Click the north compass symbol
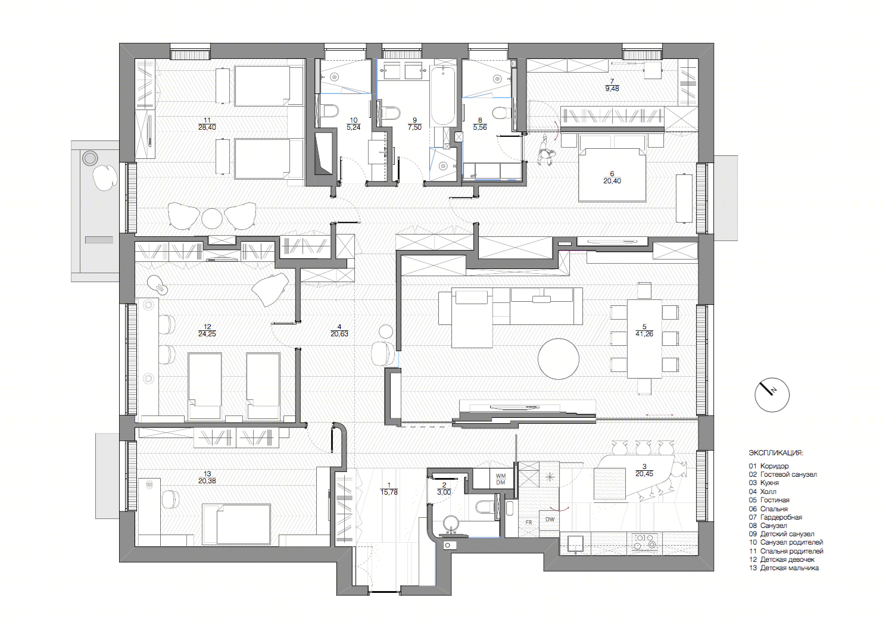pyautogui.click(x=772, y=395)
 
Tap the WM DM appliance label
pyautogui.click(x=501, y=479)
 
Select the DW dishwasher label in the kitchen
pyautogui.click(x=550, y=519)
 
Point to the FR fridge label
pyautogui.click(x=529, y=522)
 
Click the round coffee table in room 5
pyautogui.click(x=558, y=358)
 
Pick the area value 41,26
pyautogui.click(x=644, y=334)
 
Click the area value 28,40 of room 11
pyautogui.click(x=207, y=127)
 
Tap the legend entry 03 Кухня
pyautogui.click(x=764, y=483)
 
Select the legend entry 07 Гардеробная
pyautogui.click(x=775, y=517)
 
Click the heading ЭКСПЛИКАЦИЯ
pyautogui.click(x=776, y=453)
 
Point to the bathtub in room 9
pyautogui.click(x=442, y=96)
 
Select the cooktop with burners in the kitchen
pyautogui.click(x=645, y=542)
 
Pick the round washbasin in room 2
pyautogui.click(x=450, y=524)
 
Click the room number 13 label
pyautogui.click(x=207, y=474)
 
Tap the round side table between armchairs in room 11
pyautogui.click(x=211, y=218)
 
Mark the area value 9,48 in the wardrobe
pyautogui.click(x=612, y=89)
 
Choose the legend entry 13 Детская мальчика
pyautogui.click(x=784, y=568)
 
